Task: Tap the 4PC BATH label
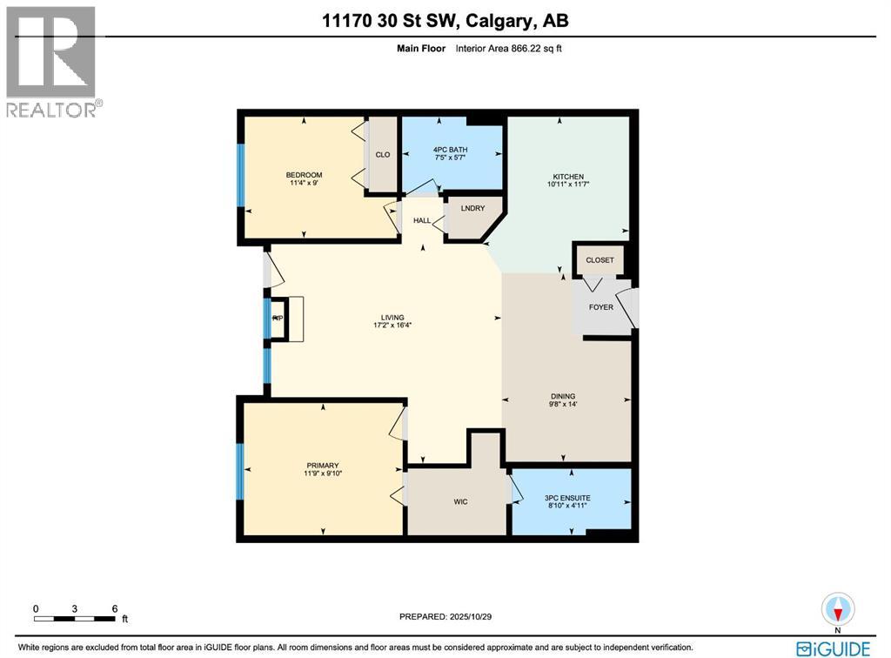tap(451, 150)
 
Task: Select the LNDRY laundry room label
tap(472, 209)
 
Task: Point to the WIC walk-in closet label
tap(460, 501)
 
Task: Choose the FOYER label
tap(600, 307)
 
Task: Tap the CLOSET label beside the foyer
tap(600, 260)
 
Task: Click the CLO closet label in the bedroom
tap(382, 155)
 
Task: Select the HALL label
tap(422, 220)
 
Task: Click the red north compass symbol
tap(838, 610)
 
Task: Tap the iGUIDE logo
tap(833, 648)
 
